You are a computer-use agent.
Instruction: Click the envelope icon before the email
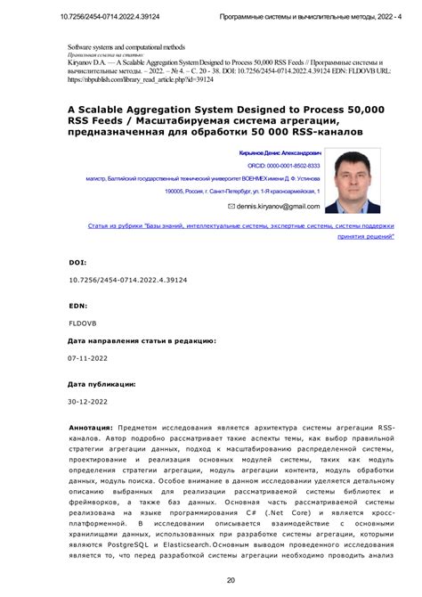pos(231,206)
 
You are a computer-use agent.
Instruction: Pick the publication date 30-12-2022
pos(89,402)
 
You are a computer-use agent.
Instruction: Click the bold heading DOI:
pos(78,264)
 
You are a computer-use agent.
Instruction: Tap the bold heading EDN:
pos(78,304)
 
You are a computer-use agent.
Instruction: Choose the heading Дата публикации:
pos(102,385)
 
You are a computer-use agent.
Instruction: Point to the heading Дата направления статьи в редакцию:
pos(142,340)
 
